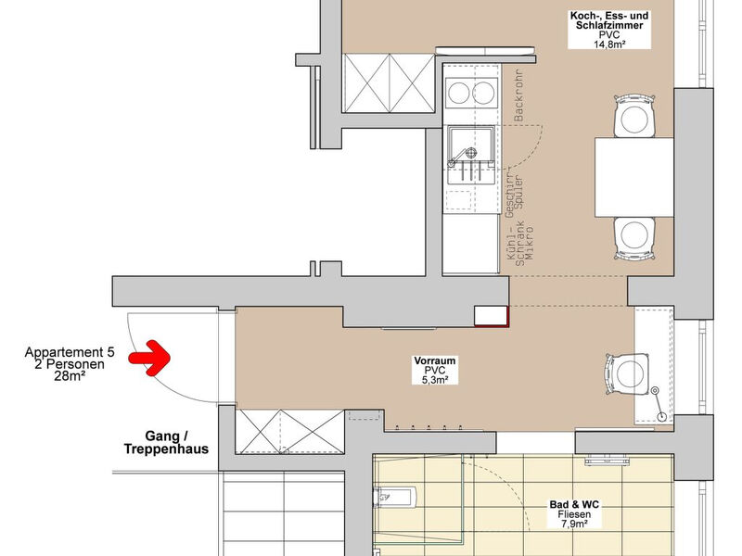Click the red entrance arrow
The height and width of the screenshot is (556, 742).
(x=149, y=358)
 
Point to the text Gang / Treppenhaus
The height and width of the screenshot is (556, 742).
(x=166, y=443)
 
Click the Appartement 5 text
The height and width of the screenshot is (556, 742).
(x=70, y=352)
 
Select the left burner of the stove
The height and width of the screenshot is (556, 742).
(x=458, y=93)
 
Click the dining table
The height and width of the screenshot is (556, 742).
(x=634, y=177)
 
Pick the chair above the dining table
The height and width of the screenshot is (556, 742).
(x=634, y=117)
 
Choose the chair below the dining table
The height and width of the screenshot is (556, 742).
(x=634, y=238)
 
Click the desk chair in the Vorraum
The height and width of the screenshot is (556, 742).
(x=625, y=373)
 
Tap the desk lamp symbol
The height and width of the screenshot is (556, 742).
(x=659, y=404)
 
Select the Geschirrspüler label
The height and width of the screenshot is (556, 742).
(x=515, y=191)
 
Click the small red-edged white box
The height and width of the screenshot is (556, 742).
(x=492, y=316)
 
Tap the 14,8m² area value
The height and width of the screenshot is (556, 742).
(x=609, y=44)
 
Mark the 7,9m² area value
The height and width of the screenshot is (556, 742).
(x=574, y=524)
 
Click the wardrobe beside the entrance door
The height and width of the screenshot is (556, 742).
(x=289, y=432)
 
